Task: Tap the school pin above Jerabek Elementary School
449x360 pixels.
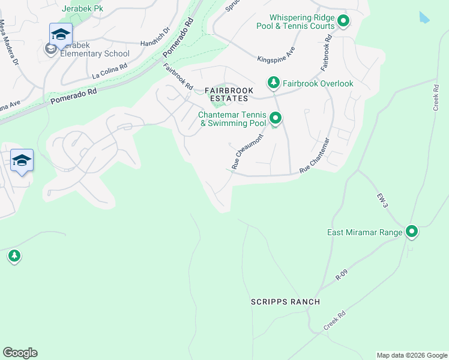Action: [61, 35]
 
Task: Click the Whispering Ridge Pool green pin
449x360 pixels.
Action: [343, 22]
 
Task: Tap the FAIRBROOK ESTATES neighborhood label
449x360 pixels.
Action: [227, 94]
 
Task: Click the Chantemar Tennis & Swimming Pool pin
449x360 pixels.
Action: [276, 118]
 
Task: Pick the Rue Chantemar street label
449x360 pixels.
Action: [315, 156]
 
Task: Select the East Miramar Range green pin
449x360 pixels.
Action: [412, 231]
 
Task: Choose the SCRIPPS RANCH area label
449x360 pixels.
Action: [285, 302]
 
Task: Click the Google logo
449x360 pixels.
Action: [20, 353]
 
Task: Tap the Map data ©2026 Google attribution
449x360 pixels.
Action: [411, 355]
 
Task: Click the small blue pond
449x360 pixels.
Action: [424, 17]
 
